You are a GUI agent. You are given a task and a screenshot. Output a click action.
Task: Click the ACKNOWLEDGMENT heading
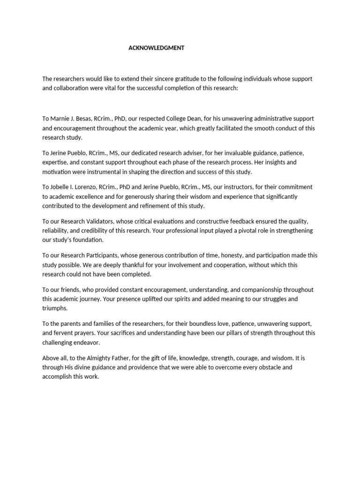point(156,48)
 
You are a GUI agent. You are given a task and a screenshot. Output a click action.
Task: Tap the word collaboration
point(71,88)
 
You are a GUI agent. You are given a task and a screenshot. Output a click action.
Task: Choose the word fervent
point(63,333)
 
